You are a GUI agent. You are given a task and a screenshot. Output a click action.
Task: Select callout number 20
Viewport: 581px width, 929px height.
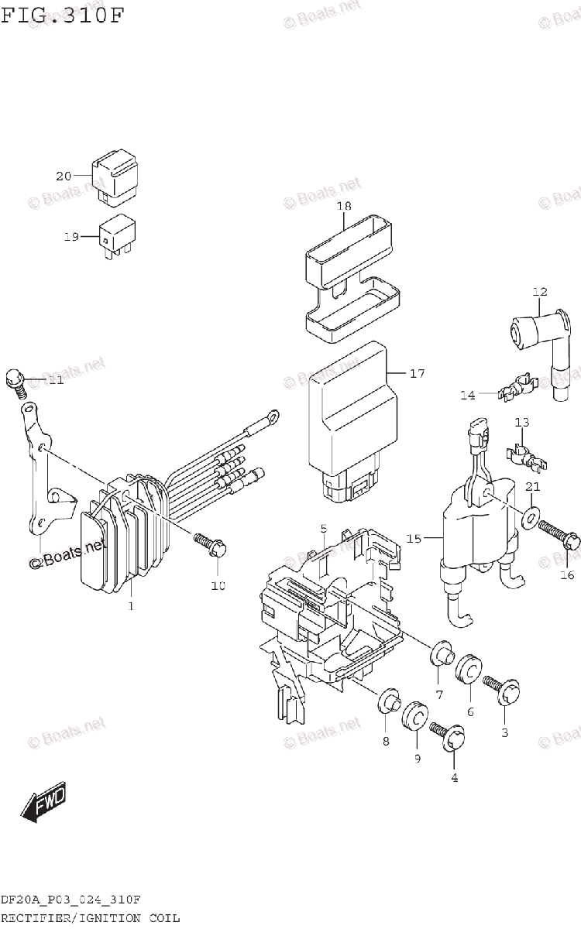(63, 176)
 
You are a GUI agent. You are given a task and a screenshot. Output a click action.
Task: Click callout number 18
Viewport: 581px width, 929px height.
(344, 206)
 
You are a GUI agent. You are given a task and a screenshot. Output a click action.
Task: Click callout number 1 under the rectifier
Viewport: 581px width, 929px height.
(131, 605)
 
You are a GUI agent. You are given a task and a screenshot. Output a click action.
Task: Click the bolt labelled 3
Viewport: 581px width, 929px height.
(501, 691)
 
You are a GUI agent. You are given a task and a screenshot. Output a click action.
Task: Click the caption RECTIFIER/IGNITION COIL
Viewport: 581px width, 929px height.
(91, 918)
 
